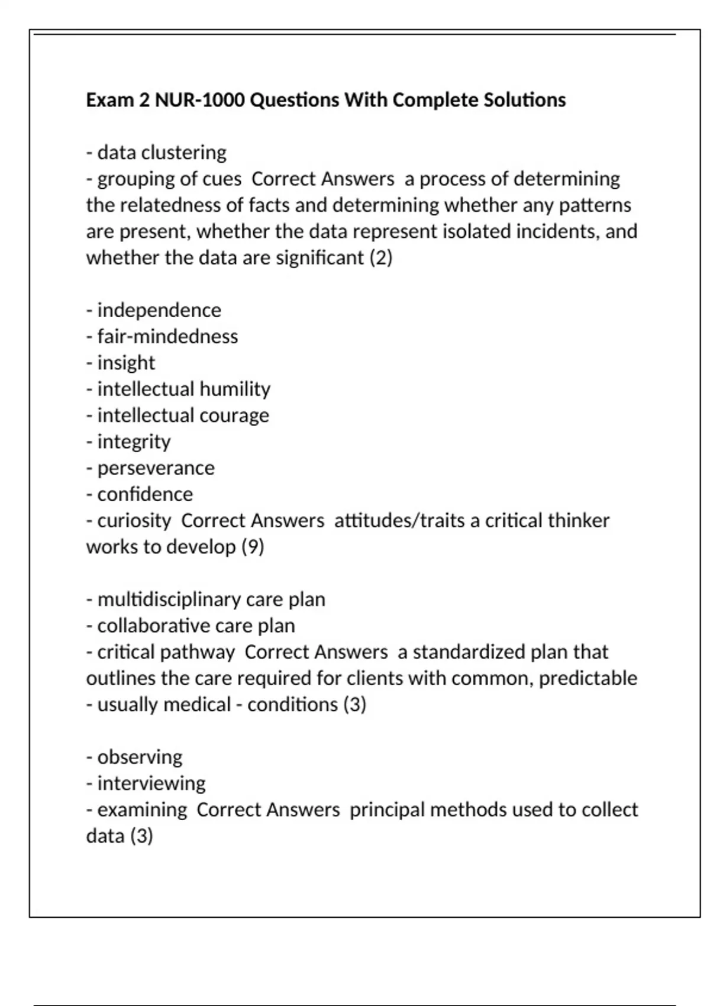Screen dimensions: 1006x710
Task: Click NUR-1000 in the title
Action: coord(199,100)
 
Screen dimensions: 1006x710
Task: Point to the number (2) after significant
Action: coord(380,258)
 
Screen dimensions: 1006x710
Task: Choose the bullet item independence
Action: coord(159,310)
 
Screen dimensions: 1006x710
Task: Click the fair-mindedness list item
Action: coord(167,337)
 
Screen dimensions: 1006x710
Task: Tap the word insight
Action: coord(126,363)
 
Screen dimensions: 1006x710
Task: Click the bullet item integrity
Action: coord(134,442)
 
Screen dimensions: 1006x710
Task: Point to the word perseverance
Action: coord(156,468)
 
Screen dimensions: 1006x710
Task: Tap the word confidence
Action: coord(145,494)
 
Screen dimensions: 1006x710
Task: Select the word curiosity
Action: coord(134,521)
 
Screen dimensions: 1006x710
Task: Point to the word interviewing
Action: coord(151,783)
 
